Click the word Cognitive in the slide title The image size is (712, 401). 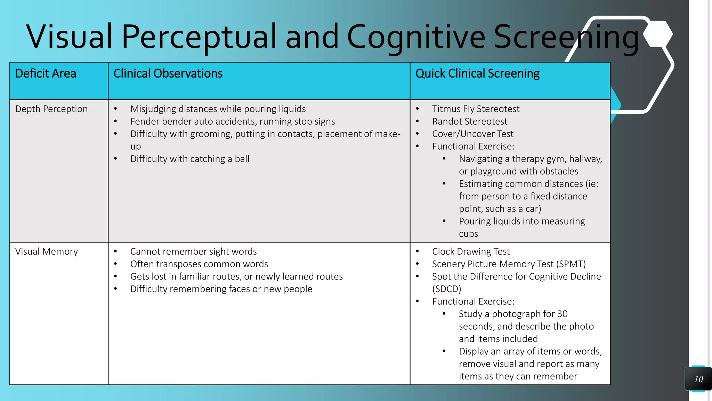(x=416, y=37)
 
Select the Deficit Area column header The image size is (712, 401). (x=46, y=74)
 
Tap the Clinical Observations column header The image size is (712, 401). (x=168, y=74)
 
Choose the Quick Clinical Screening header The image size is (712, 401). (x=477, y=74)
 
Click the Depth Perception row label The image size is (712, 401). (x=51, y=109)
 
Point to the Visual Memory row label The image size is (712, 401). (x=47, y=252)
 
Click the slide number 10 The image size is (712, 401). (x=698, y=379)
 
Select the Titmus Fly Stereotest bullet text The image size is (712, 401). (x=476, y=109)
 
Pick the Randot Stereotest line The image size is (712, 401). (x=469, y=121)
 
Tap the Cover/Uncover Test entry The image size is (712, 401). (x=472, y=134)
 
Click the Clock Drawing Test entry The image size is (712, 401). (x=471, y=252)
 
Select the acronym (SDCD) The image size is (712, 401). (x=446, y=289)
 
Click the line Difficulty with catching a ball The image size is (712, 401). (x=190, y=159)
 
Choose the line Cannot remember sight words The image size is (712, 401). (x=193, y=252)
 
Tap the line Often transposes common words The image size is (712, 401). (x=199, y=264)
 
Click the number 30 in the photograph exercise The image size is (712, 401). (x=562, y=314)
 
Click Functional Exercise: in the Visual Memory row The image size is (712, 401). (x=473, y=301)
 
